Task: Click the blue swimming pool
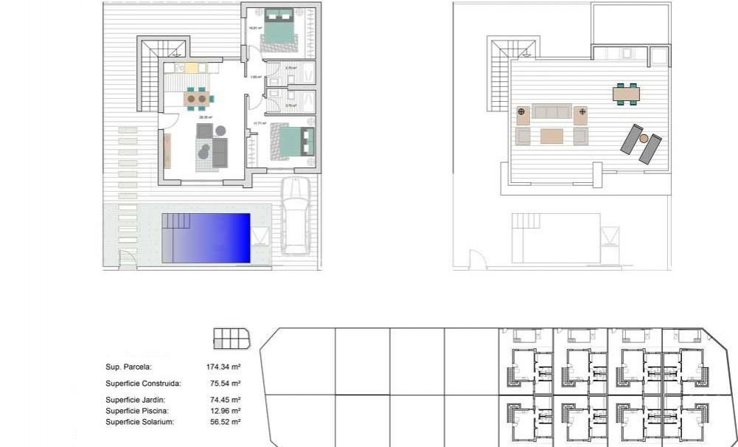(214, 238)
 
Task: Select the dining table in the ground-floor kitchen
(197, 97)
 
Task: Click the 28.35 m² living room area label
(205, 117)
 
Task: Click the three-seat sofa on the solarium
(551, 111)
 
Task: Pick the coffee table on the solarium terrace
(551, 136)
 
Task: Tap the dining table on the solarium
(626, 94)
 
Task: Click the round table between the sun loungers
(643, 139)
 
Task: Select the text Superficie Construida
(143, 384)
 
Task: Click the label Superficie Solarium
(140, 422)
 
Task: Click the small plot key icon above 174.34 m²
(231, 339)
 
